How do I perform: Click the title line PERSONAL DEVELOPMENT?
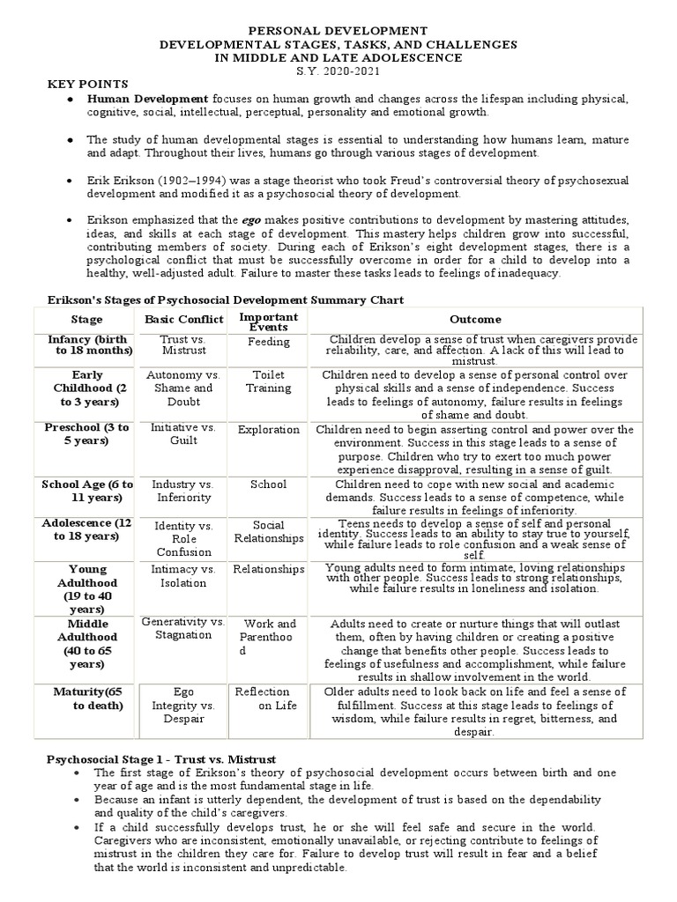pos(338,31)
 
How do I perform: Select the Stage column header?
pos(86,320)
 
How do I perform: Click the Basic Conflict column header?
pos(179,320)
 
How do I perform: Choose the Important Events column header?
pos(268,322)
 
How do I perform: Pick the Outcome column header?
pos(475,320)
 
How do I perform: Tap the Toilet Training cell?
pos(268,381)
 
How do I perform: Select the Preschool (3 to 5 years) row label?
pos(86,434)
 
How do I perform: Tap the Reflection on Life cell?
pos(268,699)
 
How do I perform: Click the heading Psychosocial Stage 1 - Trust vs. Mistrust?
pos(161,758)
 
